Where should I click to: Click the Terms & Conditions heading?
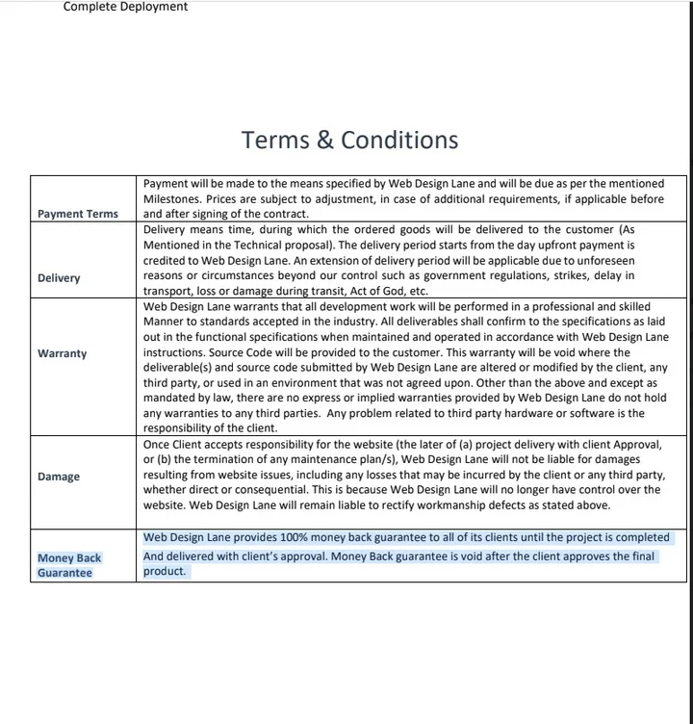click(x=349, y=140)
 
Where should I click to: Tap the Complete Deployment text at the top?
click(x=125, y=7)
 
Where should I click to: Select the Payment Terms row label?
click(x=78, y=214)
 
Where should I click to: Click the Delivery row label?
click(x=59, y=278)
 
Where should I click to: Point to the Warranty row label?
click(x=62, y=353)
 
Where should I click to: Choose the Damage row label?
click(x=59, y=477)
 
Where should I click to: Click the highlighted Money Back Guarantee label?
click(x=69, y=565)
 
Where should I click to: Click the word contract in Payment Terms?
click(x=285, y=214)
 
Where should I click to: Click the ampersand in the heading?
click(x=326, y=141)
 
